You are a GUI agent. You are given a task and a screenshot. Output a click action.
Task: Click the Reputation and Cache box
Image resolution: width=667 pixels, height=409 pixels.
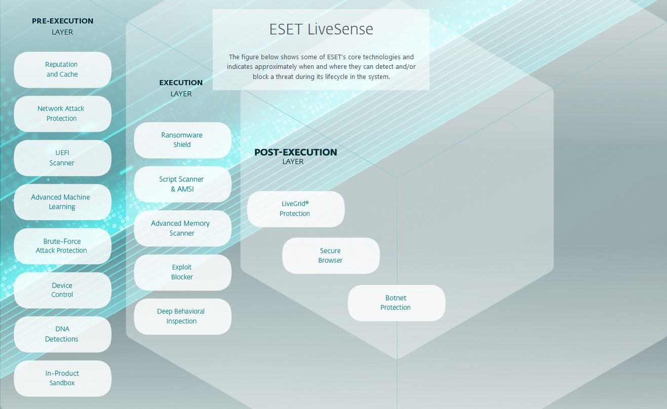click(x=62, y=69)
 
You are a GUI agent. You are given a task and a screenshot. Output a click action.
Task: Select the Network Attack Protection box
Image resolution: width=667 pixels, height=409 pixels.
click(x=62, y=113)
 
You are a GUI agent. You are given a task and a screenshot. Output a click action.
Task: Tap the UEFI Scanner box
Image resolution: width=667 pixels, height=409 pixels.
click(x=62, y=157)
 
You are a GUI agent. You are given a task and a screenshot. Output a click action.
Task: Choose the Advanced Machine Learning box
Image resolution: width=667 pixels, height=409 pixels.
click(x=62, y=201)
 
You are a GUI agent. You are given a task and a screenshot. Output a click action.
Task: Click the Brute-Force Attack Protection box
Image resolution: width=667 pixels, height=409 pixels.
click(x=62, y=246)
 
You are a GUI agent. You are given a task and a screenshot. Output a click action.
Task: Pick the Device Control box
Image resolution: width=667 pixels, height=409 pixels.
click(x=62, y=290)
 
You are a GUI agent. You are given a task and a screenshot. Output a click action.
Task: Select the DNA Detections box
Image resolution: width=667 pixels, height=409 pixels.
click(x=62, y=334)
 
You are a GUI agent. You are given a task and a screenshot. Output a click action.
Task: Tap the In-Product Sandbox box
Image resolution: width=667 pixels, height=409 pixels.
click(x=62, y=378)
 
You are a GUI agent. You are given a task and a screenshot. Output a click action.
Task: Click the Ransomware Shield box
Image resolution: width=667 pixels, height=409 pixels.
click(x=182, y=140)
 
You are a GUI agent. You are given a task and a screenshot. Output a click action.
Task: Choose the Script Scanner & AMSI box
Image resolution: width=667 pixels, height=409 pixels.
click(x=182, y=184)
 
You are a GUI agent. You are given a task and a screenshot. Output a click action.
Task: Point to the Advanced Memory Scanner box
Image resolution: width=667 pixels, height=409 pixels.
click(x=182, y=228)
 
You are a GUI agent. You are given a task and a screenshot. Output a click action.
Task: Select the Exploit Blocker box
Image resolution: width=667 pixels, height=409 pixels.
click(x=182, y=272)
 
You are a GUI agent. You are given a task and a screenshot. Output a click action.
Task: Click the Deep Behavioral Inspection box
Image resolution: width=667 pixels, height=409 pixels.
click(x=182, y=316)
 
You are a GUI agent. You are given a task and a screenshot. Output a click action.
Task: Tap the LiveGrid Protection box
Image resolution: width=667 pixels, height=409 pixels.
click(x=295, y=209)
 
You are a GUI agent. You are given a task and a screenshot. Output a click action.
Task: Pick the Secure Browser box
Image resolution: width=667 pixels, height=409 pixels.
click(x=330, y=255)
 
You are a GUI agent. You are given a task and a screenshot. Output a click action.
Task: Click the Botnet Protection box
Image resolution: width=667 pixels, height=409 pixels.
click(x=396, y=303)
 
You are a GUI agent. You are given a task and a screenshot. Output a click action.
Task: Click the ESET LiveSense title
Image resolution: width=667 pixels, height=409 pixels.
click(x=321, y=29)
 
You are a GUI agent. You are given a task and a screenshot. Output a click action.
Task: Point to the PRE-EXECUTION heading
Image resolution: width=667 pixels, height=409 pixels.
click(x=62, y=21)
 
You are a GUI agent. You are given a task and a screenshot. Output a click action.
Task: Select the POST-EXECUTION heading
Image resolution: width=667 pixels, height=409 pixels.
click(x=295, y=152)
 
